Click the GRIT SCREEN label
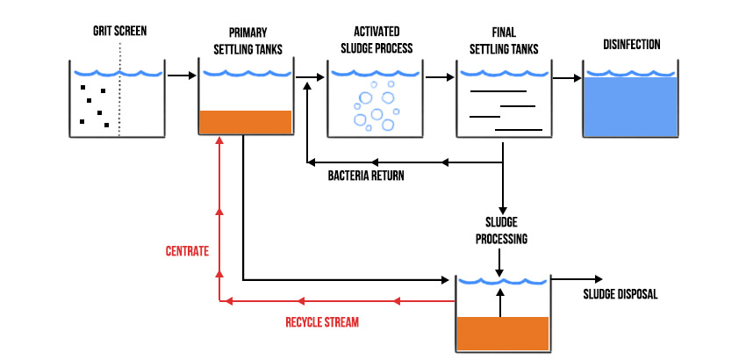tap(119, 32)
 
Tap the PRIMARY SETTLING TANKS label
tap(244, 40)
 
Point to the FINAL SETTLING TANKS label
tap(503, 40)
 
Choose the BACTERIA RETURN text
tap(366, 176)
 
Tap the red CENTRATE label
tap(187, 251)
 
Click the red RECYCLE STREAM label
tap(322, 322)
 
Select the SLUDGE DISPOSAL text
tap(620, 294)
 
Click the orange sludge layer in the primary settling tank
tap(245, 122)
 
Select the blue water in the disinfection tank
tap(631, 107)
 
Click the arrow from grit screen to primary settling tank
tap(180, 76)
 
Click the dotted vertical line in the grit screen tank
tap(119, 97)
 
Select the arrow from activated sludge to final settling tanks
tap(438, 77)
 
